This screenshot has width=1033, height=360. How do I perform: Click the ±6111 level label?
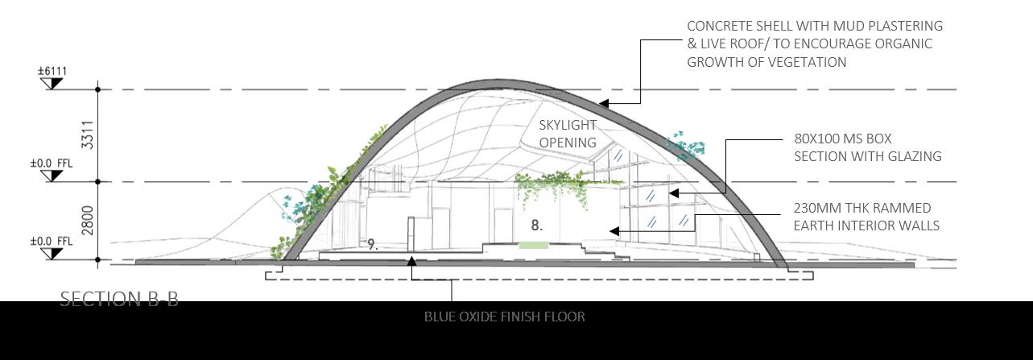[x=52, y=72]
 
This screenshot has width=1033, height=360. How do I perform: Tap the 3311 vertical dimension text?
[x=88, y=134]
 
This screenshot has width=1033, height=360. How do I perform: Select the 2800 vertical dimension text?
[x=88, y=221]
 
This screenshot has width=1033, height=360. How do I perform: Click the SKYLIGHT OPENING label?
[x=568, y=134]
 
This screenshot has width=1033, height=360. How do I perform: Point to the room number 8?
[x=536, y=226]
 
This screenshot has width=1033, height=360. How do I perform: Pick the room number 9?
[x=372, y=244]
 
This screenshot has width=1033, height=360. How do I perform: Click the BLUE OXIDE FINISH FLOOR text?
[x=504, y=317]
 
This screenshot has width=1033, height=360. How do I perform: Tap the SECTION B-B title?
[x=119, y=299]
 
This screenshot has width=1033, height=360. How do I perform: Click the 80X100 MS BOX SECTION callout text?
[x=867, y=147]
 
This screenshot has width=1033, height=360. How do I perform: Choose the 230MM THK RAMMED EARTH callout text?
[x=866, y=217]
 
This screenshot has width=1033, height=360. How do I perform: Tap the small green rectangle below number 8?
[x=533, y=245]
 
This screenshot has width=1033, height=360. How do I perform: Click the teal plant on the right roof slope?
[x=685, y=146]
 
